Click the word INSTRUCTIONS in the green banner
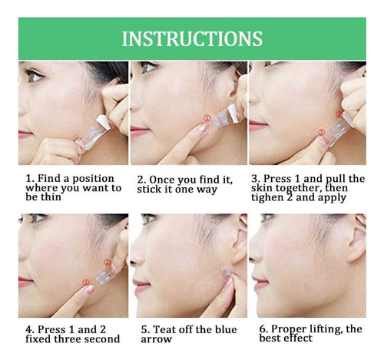tap(192, 38)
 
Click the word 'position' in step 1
tap(94, 179)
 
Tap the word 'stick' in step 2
tap(147, 190)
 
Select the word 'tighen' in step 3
tap(268, 197)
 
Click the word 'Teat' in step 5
tap(164, 329)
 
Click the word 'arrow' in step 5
tap(156, 339)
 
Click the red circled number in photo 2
tap(207, 118)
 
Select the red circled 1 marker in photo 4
tap(86, 282)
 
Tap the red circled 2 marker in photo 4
tap(108, 263)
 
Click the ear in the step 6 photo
tap(357, 236)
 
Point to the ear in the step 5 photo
tap(239, 238)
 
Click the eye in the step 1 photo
tap(35, 75)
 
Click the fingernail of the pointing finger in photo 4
tap(90, 290)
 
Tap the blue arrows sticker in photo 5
tap(227, 272)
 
